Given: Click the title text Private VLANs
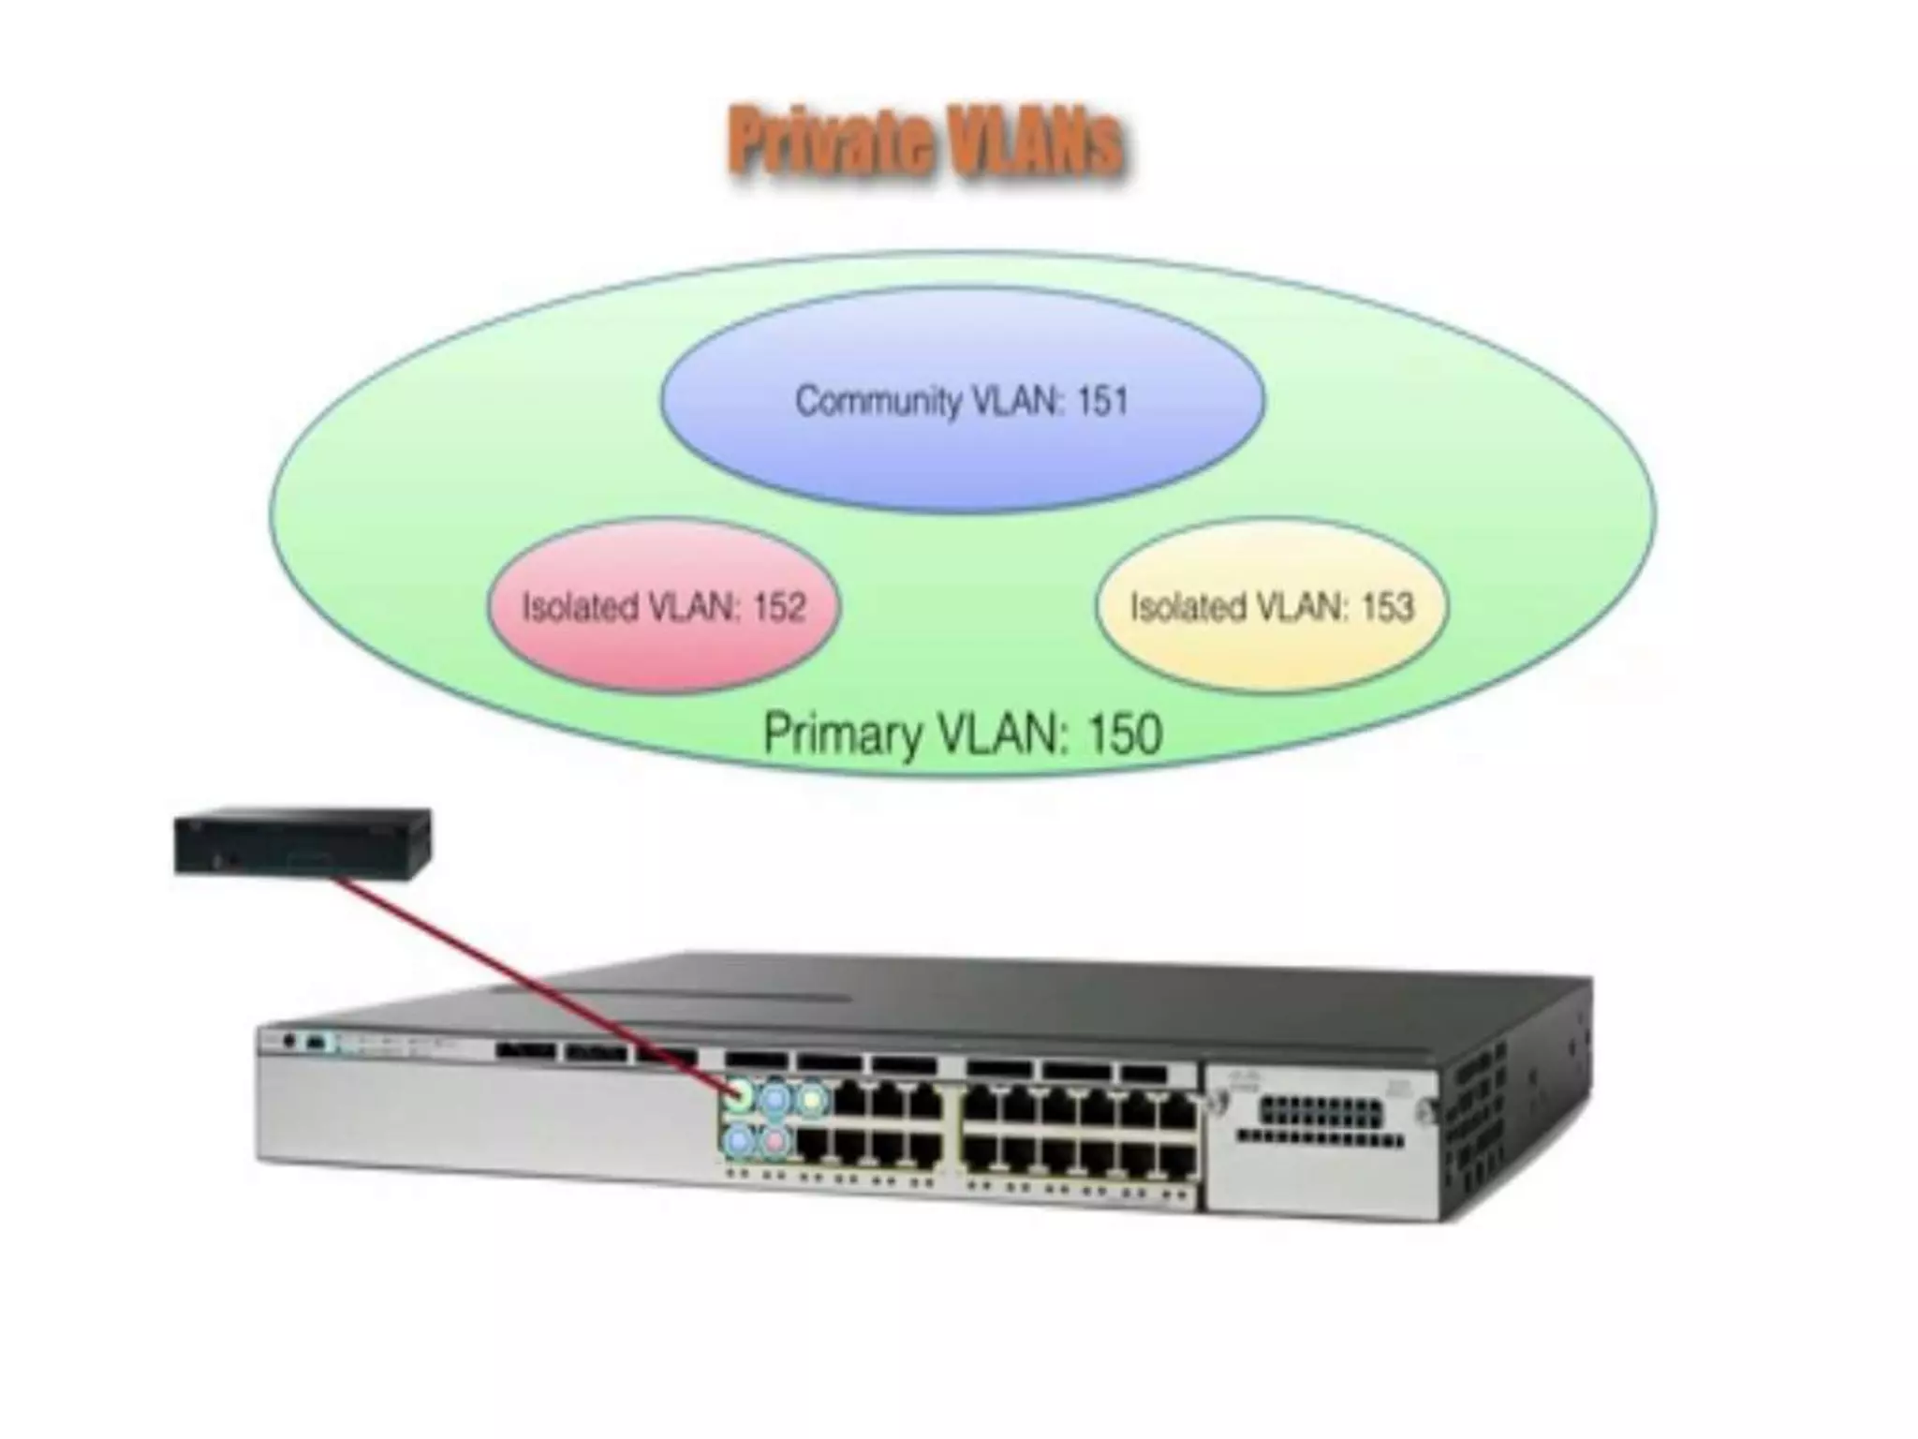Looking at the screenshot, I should coord(925,143).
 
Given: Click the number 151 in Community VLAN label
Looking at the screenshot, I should coord(1102,402).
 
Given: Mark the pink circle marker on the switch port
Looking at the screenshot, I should coord(775,1140).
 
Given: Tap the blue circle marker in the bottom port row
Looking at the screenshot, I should coord(739,1140).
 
